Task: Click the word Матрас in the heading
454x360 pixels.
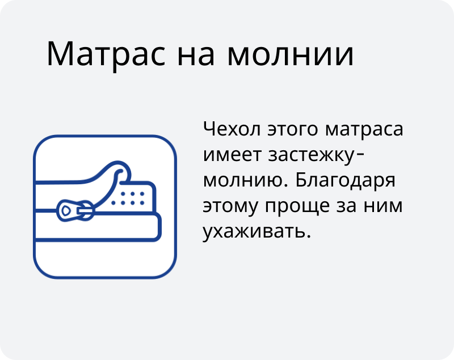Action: (106, 54)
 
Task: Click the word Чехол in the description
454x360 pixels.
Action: (232, 128)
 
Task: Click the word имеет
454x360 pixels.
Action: (232, 155)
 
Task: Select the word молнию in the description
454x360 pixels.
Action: (246, 181)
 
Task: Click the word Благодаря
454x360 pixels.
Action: (346, 181)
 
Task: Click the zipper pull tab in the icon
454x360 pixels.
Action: (75, 210)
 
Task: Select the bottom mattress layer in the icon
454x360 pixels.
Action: (97, 227)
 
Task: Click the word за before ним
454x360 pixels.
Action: (347, 206)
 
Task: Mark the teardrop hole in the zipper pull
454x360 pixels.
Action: (66, 210)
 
